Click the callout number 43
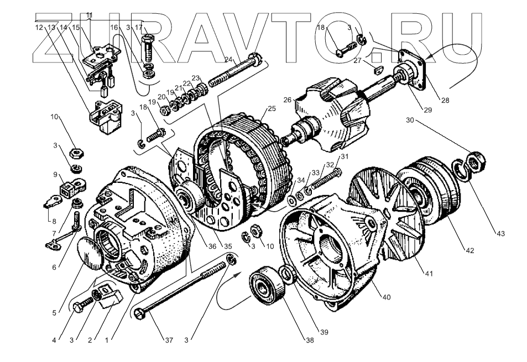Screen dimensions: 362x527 click(x=500, y=234)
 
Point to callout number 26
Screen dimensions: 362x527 click(x=287, y=100)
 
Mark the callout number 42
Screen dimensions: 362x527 click(x=469, y=251)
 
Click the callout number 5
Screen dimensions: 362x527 click(x=54, y=313)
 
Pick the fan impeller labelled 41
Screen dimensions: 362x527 click(x=387, y=213)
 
